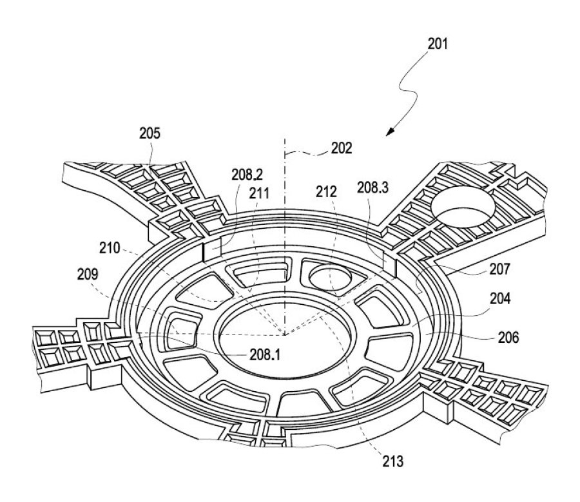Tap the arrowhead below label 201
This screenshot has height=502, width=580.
point(390,131)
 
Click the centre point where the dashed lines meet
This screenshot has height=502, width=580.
point(284,334)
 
